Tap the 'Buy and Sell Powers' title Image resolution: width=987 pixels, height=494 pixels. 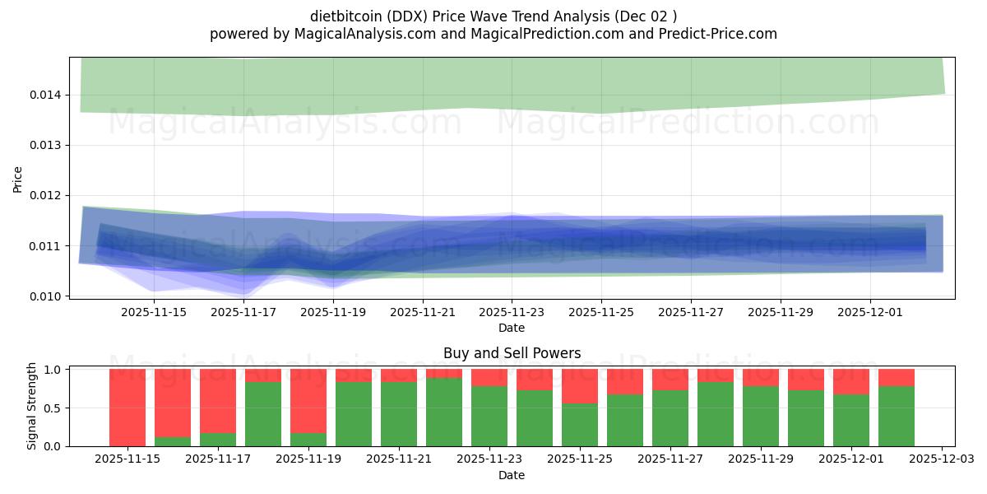pyautogui.click(x=512, y=353)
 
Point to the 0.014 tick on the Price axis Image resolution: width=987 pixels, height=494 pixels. pyautogui.click(x=46, y=95)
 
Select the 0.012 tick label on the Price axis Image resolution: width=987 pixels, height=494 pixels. pyautogui.click(x=46, y=195)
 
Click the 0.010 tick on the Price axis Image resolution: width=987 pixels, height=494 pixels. pyautogui.click(x=46, y=296)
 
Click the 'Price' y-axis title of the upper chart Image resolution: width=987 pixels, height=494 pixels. pyautogui.click(x=18, y=179)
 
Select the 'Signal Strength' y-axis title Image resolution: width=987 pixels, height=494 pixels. pyautogui.click(x=32, y=406)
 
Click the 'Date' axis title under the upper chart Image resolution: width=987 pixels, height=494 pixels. pyautogui.click(x=512, y=328)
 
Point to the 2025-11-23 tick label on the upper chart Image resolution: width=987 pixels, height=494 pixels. pyautogui.click(x=512, y=312)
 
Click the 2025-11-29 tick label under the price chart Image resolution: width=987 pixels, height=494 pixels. pyautogui.click(x=781, y=312)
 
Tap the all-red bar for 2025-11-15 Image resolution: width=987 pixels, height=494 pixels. pyautogui.click(x=127, y=408)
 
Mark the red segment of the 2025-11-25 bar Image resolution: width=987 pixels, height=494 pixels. pyautogui.click(x=580, y=386)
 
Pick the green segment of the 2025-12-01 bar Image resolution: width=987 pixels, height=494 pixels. pyautogui.click(x=851, y=421)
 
